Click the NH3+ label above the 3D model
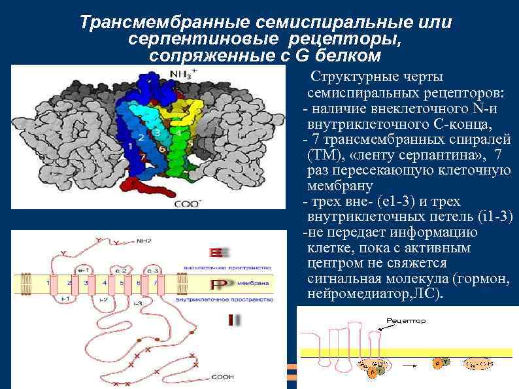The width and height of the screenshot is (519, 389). click(x=183, y=73)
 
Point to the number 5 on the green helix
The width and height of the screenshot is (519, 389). click(x=190, y=142)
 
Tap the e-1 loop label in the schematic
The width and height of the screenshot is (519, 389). click(x=83, y=269)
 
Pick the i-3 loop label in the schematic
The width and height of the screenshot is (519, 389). click(x=137, y=303)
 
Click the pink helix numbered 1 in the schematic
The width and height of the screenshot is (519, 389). click(x=48, y=283)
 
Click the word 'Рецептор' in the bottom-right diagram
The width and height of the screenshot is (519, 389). click(x=406, y=321)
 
